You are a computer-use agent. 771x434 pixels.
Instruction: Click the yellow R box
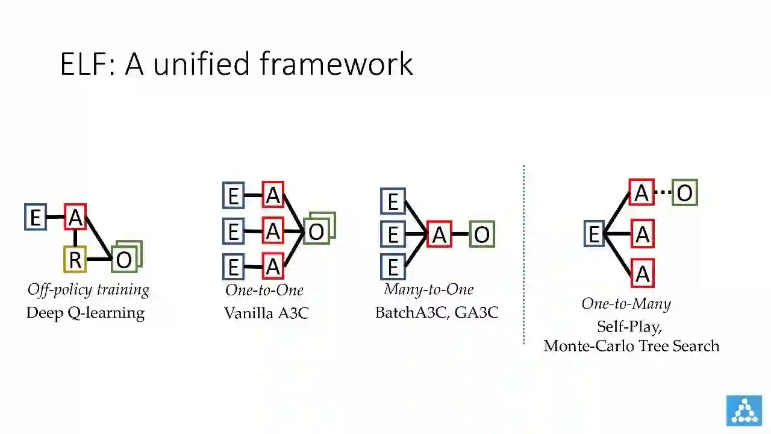75,260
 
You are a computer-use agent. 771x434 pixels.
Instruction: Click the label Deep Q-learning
86,313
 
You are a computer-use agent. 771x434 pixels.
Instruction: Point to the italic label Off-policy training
89,290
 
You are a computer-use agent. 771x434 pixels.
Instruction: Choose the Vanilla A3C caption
266,313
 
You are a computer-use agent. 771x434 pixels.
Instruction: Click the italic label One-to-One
264,290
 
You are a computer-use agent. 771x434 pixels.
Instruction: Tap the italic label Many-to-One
429,289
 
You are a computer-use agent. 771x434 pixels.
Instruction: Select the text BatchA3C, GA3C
437,313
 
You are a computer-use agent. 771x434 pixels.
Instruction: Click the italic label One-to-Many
626,304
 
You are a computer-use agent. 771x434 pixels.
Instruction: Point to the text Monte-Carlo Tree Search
631,346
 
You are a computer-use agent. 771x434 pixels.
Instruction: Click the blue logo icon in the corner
744,410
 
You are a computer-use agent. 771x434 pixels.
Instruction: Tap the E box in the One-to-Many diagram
595,234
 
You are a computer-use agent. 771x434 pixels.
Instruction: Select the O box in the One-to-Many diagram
685,193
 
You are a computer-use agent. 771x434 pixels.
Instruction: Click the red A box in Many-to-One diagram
439,234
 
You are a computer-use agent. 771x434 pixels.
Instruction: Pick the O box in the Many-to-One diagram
482,234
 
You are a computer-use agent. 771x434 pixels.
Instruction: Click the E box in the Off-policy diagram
36,217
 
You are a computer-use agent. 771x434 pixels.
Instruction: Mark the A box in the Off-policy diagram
75,217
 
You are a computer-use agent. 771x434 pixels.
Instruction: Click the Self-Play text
629,327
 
